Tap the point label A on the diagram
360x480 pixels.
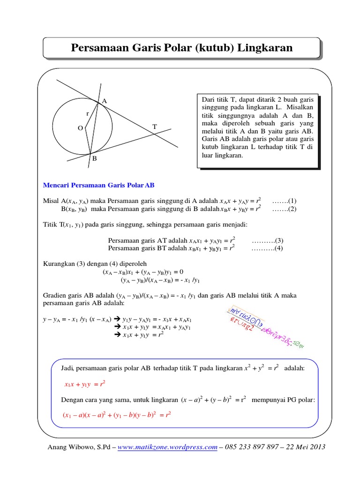click(104, 101)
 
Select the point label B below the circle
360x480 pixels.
click(94, 159)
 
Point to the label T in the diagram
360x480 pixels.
click(154, 127)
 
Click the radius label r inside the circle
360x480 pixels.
click(87, 114)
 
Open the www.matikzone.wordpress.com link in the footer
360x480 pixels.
click(167, 447)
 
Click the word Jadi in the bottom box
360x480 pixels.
click(67, 369)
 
